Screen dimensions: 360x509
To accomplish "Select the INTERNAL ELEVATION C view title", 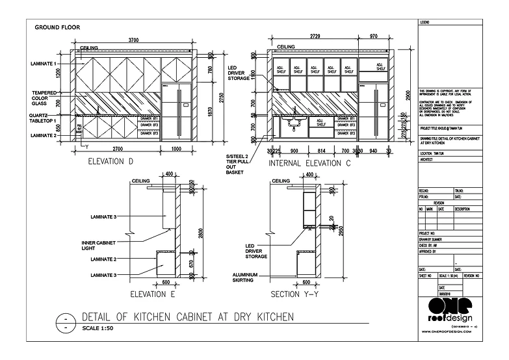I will [309, 163].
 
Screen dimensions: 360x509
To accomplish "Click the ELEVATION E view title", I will [154, 294].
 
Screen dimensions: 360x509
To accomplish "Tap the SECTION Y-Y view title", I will [296, 294].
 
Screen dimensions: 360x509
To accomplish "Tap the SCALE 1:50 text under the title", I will [98, 327].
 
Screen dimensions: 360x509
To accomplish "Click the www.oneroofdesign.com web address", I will [449, 331].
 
